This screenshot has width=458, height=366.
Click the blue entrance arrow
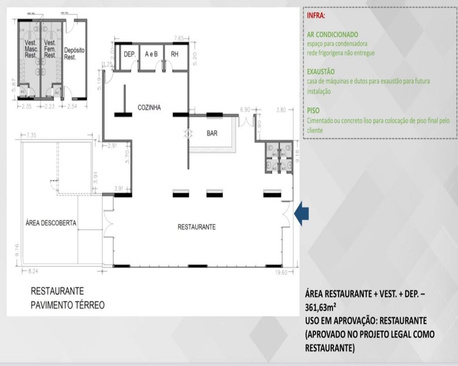[x=302, y=215]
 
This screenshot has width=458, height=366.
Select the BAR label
[x=212, y=134]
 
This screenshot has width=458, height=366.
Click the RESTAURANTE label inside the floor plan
[x=196, y=227]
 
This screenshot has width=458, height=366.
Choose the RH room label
[x=174, y=54]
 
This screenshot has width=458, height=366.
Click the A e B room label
[x=152, y=54]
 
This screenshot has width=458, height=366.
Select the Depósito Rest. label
[x=75, y=53]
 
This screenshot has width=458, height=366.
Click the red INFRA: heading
[x=316, y=16]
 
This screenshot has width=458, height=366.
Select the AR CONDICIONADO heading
[x=333, y=34]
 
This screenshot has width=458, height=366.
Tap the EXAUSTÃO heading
[x=321, y=72]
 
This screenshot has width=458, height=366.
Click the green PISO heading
[x=314, y=111]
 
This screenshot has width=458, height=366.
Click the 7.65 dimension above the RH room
[x=179, y=38]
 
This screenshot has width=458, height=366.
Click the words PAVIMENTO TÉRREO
[x=67, y=304]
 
